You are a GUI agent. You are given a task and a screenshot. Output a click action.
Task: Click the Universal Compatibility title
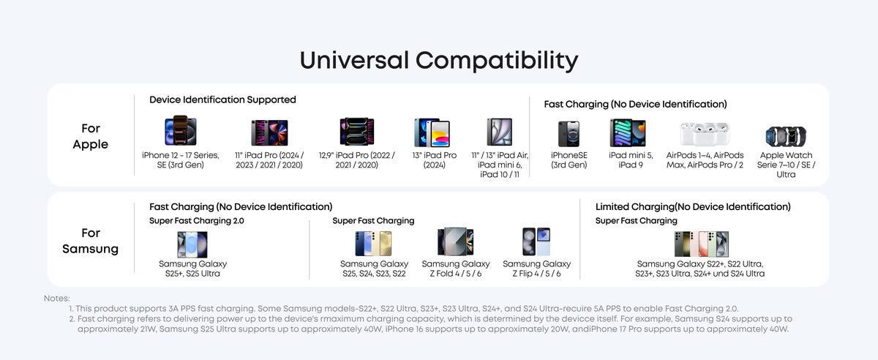click(439, 61)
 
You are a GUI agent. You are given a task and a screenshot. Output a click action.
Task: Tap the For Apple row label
click(91, 136)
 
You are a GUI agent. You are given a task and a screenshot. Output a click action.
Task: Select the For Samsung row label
click(91, 241)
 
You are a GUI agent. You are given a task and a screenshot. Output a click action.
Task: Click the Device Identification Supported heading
click(222, 100)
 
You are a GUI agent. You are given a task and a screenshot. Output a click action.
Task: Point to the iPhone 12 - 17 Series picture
click(181, 130)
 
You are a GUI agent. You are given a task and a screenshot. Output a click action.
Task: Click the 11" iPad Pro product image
click(269, 132)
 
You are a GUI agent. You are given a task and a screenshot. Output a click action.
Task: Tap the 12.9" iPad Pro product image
click(357, 132)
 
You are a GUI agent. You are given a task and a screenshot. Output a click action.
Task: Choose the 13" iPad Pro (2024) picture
click(432, 132)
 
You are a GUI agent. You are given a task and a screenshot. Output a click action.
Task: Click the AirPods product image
click(705, 134)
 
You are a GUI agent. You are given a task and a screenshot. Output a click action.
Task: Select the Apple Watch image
click(786, 136)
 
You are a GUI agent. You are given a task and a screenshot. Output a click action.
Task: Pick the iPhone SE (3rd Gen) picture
click(569, 134)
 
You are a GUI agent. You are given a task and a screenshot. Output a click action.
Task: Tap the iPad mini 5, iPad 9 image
click(628, 133)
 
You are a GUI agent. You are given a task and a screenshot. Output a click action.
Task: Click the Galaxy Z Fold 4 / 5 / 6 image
click(455, 241)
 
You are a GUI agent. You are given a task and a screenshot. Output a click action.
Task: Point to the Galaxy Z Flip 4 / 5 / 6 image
click(536, 241)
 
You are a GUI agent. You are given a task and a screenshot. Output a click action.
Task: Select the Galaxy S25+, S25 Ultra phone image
click(192, 244)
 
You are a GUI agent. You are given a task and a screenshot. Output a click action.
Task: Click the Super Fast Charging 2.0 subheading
click(197, 221)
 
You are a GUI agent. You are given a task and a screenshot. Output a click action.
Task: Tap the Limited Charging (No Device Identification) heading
click(693, 206)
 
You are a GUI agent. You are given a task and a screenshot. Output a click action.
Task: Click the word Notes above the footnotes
click(57, 299)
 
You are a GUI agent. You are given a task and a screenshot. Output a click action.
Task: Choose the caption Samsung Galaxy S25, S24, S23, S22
click(375, 269)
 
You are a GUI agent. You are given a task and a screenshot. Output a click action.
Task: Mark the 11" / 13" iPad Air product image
click(499, 132)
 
